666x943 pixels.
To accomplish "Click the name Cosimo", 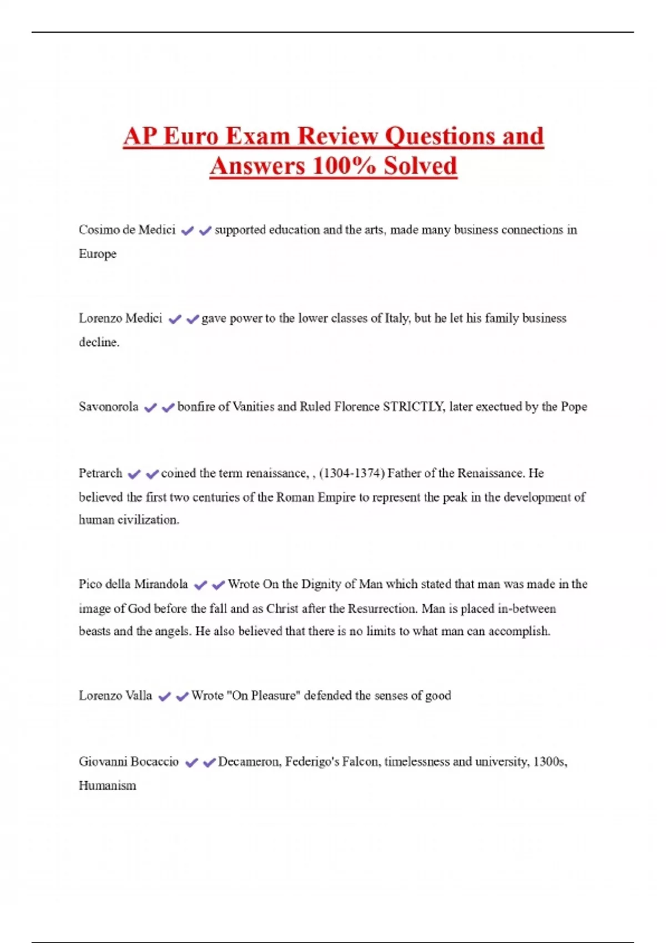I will pos(98,230).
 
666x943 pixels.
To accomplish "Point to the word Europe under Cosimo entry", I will pos(98,254).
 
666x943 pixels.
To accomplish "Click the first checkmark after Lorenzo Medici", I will pos(175,320).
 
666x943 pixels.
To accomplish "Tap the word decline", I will pos(99,342).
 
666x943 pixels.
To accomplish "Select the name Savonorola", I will pos(108,407).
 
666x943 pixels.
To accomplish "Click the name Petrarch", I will pos(100,474).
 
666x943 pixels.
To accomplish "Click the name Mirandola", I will pos(161,585).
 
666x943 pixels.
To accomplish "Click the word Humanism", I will pos(107,786).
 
